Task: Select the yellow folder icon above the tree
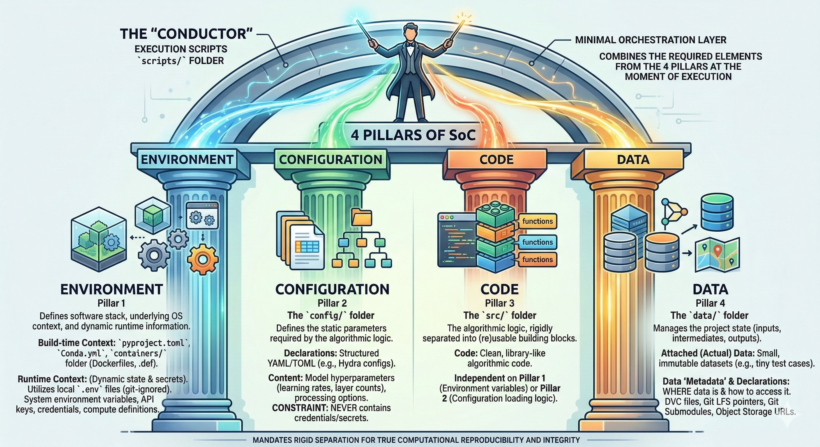(x=362, y=219)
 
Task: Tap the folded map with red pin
(x=717, y=255)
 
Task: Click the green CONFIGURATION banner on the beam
(x=331, y=159)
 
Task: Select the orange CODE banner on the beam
(x=496, y=159)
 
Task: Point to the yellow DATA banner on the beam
(x=633, y=159)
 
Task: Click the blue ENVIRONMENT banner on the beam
(x=187, y=159)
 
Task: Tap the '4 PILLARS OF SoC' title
(x=413, y=135)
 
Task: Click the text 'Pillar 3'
(x=499, y=303)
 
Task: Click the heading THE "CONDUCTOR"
(x=186, y=34)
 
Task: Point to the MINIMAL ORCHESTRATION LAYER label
(x=651, y=40)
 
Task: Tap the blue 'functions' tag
(x=537, y=242)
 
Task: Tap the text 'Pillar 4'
(x=710, y=303)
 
